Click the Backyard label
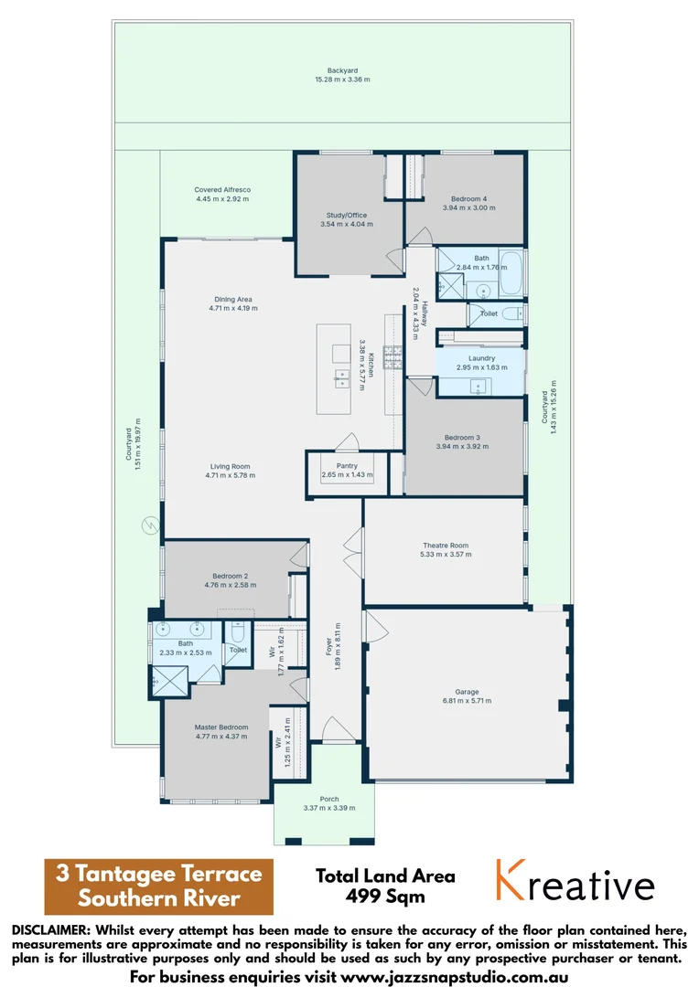click(342, 70)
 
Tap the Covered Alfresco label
click(222, 189)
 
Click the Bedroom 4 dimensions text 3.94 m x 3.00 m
click(468, 208)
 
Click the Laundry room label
click(481, 358)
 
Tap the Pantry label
click(347, 466)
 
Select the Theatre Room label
click(444, 546)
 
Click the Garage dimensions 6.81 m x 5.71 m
click(467, 701)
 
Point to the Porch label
click(328, 799)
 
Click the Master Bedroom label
click(220, 727)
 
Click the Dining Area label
click(232, 299)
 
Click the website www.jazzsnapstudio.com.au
click(453, 976)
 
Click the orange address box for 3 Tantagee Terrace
click(158, 886)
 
